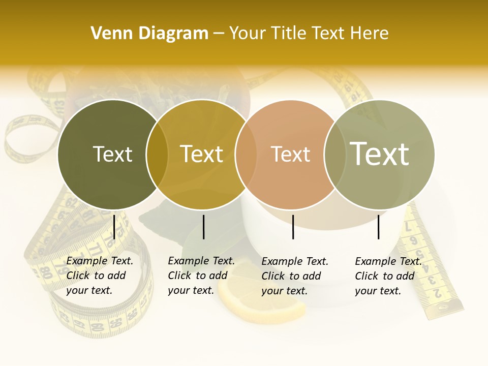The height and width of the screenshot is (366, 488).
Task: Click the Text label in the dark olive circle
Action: (x=112, y=154)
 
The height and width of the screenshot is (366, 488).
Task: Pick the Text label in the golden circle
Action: (x=202, y=154)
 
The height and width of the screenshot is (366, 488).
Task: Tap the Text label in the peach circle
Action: (x=290, y=154)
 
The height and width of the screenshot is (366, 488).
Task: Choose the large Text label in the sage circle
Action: (x=380, y=154)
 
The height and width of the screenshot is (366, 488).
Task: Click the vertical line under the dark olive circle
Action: (x=114, y=227)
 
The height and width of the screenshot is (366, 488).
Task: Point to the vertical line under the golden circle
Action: (x=203, y=227)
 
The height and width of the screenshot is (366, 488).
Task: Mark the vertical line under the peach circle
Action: (x=293, y=227)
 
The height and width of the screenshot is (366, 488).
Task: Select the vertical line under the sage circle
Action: (x=378, y=227)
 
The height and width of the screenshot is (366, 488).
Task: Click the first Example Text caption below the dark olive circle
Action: (x=100, y=261)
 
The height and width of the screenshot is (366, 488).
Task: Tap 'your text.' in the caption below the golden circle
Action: (x=191, y=290)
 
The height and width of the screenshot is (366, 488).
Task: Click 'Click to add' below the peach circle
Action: (x=291, y=276)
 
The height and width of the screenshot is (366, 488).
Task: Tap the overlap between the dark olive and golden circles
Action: (x=157, y=154)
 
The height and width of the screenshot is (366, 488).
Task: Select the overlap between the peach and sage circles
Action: (x=334, y=154)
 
